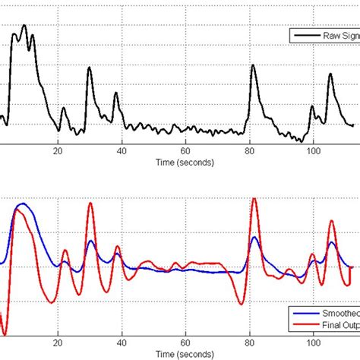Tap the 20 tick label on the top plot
(58, 150)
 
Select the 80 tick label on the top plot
(250, 150)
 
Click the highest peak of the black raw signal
(24, 25)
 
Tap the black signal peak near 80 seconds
(253, 65)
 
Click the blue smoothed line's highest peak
(21, 204)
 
